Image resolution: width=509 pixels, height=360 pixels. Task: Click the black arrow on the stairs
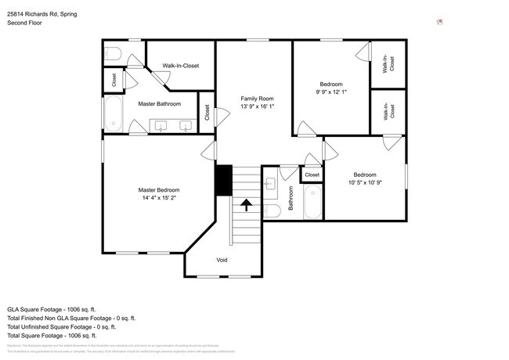[x=246, y=206]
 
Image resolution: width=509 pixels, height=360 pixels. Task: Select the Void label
[x=222, y=259]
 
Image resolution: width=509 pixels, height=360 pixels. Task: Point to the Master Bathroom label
[x=159, y=104]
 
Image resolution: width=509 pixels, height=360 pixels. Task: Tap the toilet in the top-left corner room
[x=112, y=53]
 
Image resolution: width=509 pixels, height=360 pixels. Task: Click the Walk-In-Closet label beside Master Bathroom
[x=180, y=66]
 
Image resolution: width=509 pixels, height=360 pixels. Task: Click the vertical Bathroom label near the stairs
[x=291, y=198]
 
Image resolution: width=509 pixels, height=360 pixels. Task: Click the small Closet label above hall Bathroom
[x=312, y=175]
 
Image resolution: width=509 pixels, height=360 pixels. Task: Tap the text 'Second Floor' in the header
[x=26, y=23]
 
